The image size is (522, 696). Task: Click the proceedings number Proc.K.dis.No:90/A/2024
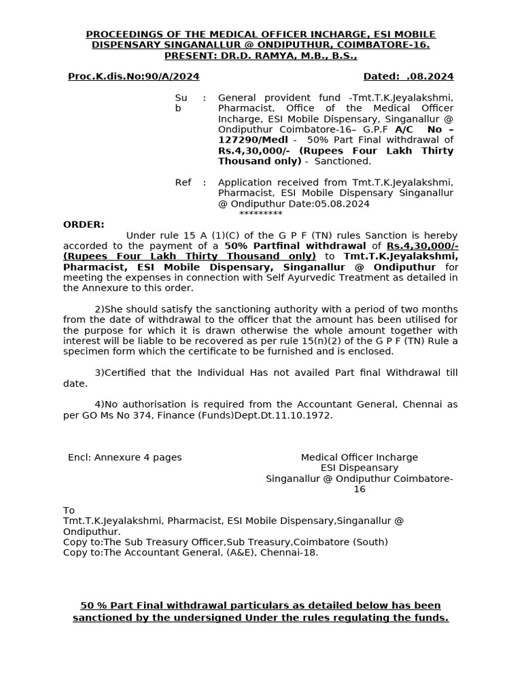click(x=133, y=77)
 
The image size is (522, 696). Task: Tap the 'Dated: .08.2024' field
click(x=408, y=77)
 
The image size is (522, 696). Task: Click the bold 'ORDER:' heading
click(x=84, y=225)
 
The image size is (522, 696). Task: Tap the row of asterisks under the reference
click(x=260, y=213)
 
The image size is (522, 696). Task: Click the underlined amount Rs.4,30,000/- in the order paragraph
click(x=421, y=246)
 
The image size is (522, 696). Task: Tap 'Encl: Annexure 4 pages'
click(x=125, y=457)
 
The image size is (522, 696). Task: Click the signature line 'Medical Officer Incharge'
click(x=360, y=457)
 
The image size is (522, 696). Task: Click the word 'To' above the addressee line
click(x=69, y=510)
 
